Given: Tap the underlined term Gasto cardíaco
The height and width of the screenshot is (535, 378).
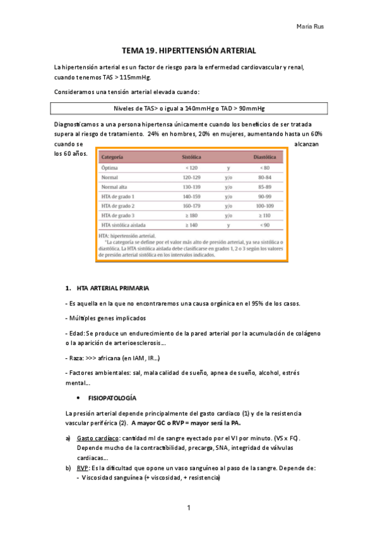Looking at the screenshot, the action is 97,438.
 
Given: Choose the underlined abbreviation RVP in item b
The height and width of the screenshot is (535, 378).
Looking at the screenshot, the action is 83,468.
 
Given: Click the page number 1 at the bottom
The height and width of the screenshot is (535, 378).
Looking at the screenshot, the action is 189,508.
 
